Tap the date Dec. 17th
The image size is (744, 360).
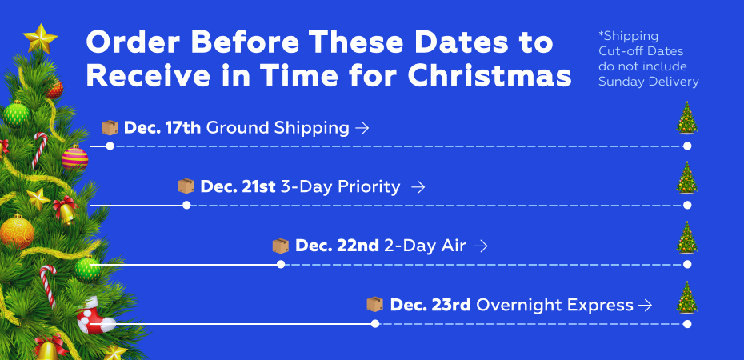[162, 128]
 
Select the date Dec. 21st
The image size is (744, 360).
[238, 187]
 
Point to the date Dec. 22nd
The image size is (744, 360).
[337, 246]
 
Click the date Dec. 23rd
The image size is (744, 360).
[430, 305]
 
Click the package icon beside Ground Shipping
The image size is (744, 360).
[110, 128]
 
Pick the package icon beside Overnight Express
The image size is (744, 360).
[375, 305]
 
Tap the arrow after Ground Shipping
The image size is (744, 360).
[362, 129]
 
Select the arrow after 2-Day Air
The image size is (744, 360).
[481, 246]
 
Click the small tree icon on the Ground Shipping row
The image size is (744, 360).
[686, 118]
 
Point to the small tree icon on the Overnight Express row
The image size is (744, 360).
[686, 298]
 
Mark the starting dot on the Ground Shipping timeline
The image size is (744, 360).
[110, 146]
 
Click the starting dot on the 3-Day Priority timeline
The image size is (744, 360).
[186, 206]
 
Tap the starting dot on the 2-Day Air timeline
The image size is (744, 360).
[281, 264]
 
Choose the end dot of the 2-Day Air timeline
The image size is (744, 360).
[687, 264]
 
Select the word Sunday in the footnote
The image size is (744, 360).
[618, 82]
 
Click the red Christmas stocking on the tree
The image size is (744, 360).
[95, 315]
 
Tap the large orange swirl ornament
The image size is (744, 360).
[17, 231]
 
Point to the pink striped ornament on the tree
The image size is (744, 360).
[75, 158]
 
